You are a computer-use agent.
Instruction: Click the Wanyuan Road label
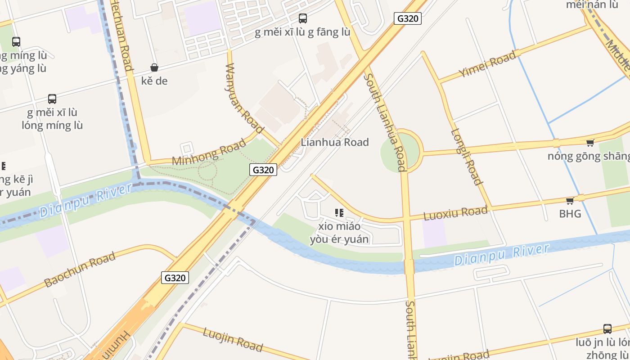243,99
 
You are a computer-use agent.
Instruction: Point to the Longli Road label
466,157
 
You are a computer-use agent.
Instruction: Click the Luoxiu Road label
456,212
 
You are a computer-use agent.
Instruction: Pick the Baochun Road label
80,270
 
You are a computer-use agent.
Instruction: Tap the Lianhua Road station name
334,142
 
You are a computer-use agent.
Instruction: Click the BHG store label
570,214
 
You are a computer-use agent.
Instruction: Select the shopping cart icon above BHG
570,201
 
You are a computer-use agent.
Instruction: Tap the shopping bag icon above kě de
154,67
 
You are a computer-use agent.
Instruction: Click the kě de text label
154,81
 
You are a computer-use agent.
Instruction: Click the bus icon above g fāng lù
303,18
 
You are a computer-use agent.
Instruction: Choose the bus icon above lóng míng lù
52,99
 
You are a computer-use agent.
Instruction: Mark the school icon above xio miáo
339,212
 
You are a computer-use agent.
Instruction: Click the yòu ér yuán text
339,239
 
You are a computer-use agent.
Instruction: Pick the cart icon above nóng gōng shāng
590,143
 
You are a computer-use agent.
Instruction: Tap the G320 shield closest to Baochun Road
175,278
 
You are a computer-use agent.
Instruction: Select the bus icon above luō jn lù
607,329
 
